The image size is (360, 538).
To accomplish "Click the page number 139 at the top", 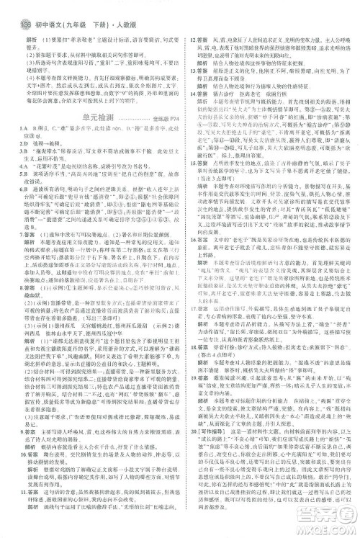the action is point(9,8).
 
